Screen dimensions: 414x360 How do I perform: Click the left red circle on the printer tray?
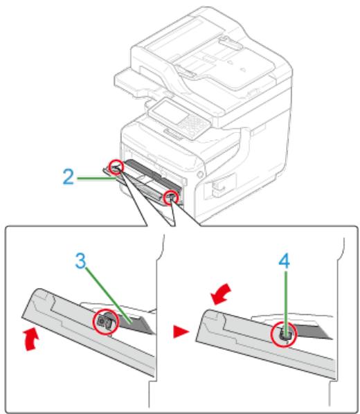coord(116,166)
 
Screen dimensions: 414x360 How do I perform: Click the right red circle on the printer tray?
coord(169,199)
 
